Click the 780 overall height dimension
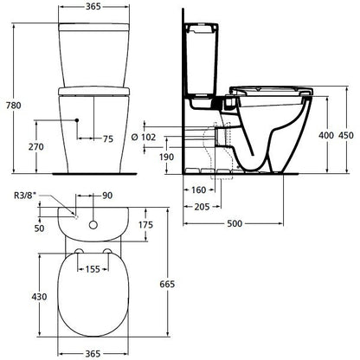coord(14,106)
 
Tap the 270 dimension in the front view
coord(36,147)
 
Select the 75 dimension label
coord(108,138)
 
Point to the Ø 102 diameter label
coord(144,137)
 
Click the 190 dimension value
coord(167,157)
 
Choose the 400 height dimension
coord(326,135)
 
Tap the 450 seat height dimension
coord(346,135)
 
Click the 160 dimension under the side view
coord(199,190)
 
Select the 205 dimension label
coord(202,207)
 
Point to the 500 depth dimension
coord(235,223)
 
